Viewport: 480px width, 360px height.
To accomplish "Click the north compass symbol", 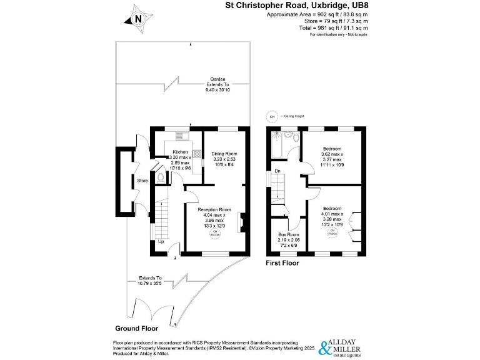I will click(x=138, y=18).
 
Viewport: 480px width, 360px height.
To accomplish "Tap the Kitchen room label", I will click(x=180, y=152).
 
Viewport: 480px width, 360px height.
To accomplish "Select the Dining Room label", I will click(x=223, y=153).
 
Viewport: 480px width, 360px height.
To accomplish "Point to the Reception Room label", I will click(x=214, y=210).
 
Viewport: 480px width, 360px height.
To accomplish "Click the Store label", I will click(x=141, y=181).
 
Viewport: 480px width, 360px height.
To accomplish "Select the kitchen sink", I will click(x=182, y=136).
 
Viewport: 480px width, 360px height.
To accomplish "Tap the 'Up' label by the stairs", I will click(x=161, y=241).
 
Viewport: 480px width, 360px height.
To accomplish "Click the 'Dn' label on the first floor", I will click(x=277, y=171).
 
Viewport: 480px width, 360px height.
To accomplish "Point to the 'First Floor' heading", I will click(x=282, y=263).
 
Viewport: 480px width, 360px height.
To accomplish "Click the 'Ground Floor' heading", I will click(x=136, y=328).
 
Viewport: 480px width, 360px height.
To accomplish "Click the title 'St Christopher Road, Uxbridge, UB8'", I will click(x=296, y=6).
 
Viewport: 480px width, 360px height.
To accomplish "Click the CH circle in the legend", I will click(x=272, y=116).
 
